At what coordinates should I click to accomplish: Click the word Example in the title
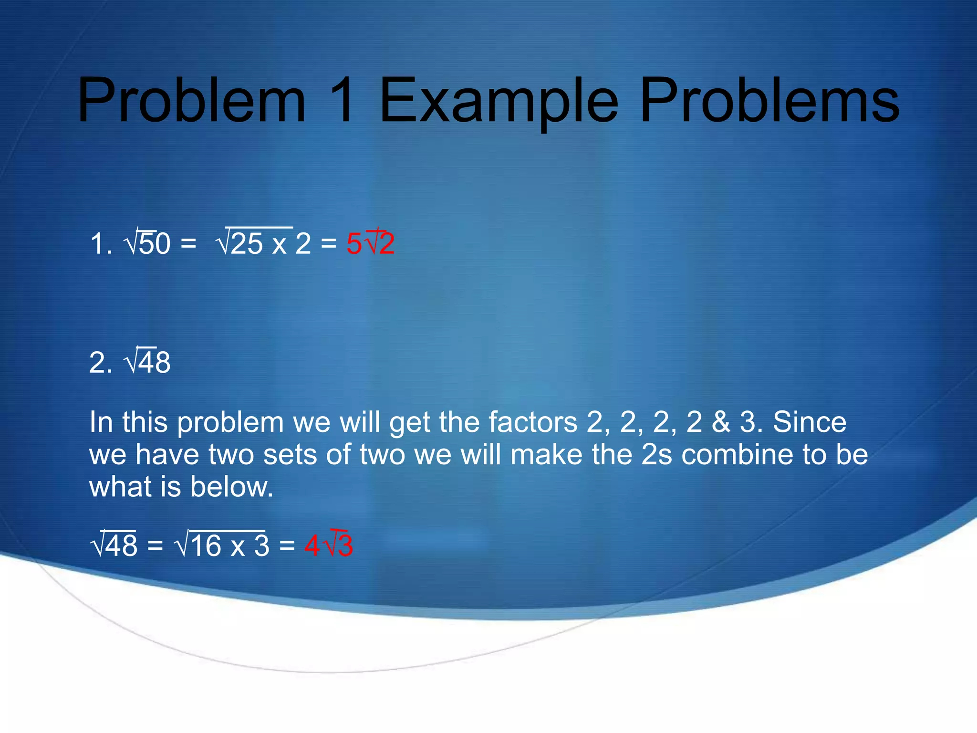point(499,101)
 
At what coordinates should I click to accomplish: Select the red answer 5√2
point(370,243)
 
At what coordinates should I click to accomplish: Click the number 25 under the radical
point(246,243)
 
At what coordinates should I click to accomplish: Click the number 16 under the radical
point(206,545)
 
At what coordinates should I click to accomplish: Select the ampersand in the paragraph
point(721,422)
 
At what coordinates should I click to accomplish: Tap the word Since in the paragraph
point(809,422)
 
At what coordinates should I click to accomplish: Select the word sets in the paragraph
point(290,454)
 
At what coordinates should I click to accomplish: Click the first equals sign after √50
point(188,243)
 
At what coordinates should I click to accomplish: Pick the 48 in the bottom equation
point(121,545)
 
